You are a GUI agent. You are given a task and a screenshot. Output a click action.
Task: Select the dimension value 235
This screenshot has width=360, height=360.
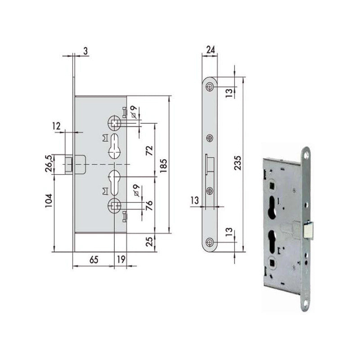(238, 163)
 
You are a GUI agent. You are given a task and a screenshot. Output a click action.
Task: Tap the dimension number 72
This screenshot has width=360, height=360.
(149, 151)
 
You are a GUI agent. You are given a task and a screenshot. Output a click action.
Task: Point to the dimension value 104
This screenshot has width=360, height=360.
(49, 201)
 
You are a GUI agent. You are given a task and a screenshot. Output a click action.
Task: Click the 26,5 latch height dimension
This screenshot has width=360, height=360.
(49, 164)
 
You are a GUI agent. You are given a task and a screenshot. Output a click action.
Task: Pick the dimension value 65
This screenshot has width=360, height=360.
(94, 260)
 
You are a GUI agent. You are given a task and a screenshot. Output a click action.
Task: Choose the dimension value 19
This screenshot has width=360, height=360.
(121, 260)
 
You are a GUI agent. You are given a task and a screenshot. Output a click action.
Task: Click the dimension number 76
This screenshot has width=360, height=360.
(149, 205)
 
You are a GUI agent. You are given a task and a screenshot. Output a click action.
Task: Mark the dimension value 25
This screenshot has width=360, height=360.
(149, 242)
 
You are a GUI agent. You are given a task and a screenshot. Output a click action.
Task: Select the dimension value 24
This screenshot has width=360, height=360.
(211, 49)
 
